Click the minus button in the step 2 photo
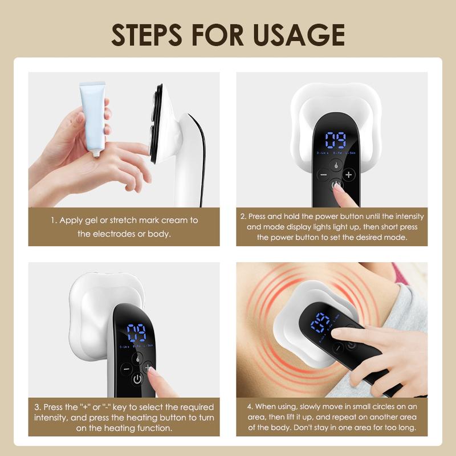pyautogui.click(x=323, y=174)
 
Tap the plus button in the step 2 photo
pyautogui.click(x=348, y=174)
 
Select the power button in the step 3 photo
pyautogui.click(x=137, y=380)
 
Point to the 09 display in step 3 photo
pyautogui.click(x=137, y=333)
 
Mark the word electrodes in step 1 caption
pyautogui.click(x=113, y=234)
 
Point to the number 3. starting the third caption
pyautogui.click(x=37, y=407)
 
